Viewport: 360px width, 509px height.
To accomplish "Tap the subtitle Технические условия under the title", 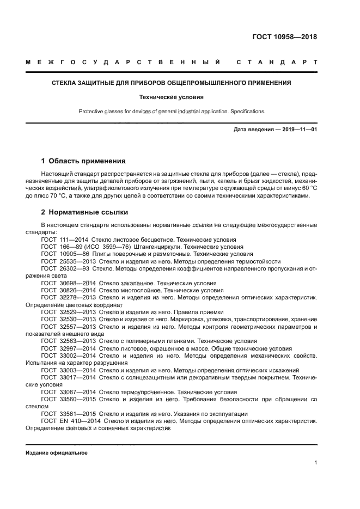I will pyautogui.click(x=171, y=97).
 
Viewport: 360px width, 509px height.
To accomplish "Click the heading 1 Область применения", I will pyautogui.click(x=83, y=161).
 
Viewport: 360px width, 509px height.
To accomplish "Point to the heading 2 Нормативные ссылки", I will pyautogui.click(x=84, y=212).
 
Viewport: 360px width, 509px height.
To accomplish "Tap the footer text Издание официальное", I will pyautogui.click(x=56, y=453).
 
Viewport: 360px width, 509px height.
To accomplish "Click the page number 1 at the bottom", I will pyautogui.click(x=315, y=463).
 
